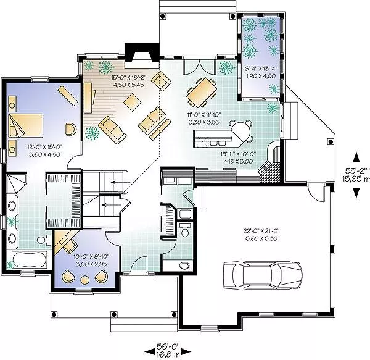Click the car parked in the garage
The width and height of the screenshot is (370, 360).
click(263, 275)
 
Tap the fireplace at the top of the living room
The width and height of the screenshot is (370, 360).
click(142, 56)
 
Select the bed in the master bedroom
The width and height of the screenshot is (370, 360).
click(26, 125)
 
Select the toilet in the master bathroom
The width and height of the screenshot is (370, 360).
click(44, 240)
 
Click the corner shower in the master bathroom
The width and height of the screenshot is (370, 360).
click(16, 183)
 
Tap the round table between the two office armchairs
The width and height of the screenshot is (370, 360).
click(84, 280)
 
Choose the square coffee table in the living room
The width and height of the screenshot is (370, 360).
click(133, 102)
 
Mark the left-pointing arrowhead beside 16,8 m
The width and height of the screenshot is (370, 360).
click(149, 352)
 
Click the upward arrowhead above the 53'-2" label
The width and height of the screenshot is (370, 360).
click(356, 157)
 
